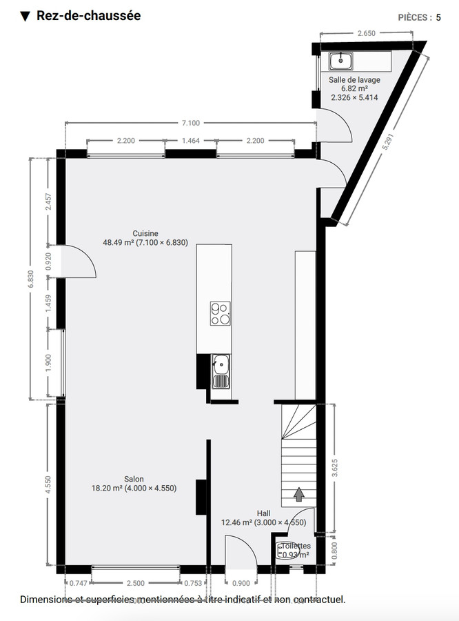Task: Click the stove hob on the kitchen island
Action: (220, 313)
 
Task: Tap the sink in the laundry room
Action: (340, 61)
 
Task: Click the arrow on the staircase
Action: (299, 494)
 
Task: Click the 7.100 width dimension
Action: (190, 123)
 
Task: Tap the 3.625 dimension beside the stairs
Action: (334, 469)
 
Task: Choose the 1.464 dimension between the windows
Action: (190, 141)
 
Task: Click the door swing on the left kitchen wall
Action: (77, 262)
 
